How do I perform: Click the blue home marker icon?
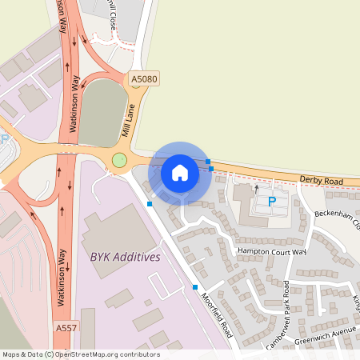(x=180, y=172)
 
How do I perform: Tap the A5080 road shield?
(x=144, y=79)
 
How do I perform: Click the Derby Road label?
(x=321, y=182)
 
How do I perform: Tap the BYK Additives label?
(x=120, y=257)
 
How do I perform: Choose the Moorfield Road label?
(x=217, y=313)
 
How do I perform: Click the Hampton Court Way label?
(x=272, y=250)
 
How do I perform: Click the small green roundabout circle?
(x=120, y=161)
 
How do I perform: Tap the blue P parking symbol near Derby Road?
(x=271, y=202)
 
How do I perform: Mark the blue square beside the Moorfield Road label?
(x=195, y=286)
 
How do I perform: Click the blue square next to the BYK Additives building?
(x=150, y=204)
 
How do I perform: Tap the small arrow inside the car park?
(x=256, y=189)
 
